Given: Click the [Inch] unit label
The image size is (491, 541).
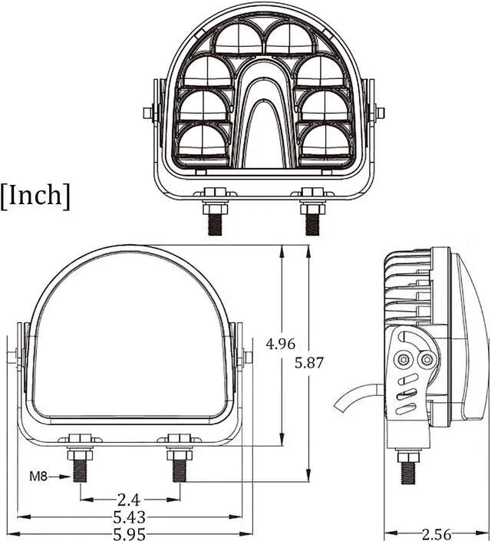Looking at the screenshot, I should coord(35,195).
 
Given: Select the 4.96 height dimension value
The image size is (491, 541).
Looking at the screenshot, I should coord(280,345).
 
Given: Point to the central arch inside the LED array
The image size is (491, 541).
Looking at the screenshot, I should coord(265,115).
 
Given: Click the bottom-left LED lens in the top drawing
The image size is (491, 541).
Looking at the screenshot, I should coord(203,142).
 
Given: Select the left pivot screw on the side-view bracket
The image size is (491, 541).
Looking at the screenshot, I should coord(402,359).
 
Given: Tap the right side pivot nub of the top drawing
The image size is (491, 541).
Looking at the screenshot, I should coord(377,113).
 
